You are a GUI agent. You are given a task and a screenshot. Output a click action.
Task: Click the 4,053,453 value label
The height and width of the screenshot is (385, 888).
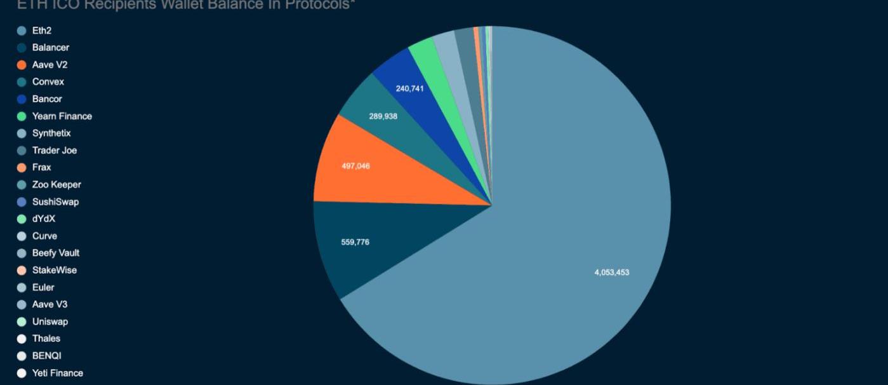[611, 273]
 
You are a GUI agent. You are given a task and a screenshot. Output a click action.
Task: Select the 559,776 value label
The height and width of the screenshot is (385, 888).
[355, 242]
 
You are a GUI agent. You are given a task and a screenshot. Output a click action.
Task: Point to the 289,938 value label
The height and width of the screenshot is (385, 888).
[383, 116]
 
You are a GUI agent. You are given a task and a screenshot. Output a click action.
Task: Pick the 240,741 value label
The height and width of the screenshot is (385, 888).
[409, 88]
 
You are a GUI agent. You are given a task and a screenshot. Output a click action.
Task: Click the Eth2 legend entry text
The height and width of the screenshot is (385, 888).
[41, 30]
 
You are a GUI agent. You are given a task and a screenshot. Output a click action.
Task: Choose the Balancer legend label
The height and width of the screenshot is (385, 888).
[50, 48]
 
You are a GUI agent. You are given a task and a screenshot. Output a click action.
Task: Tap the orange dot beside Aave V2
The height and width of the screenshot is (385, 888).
[22, 65]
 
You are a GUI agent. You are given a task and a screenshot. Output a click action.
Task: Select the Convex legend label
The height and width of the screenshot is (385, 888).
[48, 82]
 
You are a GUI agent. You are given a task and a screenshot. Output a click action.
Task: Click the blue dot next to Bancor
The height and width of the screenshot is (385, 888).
[22, 99]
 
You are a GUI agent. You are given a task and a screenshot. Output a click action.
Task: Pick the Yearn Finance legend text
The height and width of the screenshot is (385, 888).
[62, 116]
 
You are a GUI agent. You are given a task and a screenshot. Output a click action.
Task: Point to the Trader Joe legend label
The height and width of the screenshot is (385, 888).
[54, 151]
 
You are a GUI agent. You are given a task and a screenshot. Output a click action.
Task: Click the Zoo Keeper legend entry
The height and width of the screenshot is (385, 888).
[56, 185]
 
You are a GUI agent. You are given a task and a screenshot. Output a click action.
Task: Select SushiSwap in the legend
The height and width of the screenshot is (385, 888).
[55, 202]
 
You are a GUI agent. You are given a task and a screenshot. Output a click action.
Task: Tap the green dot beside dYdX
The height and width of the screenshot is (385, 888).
[22, 219]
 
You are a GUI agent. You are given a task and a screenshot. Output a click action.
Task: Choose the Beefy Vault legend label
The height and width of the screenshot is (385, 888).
[55, 253]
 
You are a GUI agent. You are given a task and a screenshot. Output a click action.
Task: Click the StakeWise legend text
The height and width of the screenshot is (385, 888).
[54, 270]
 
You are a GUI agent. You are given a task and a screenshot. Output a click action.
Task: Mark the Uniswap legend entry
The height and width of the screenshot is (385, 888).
[50, 321]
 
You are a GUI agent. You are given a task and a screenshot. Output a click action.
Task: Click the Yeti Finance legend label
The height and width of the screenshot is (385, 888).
[57, 373]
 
